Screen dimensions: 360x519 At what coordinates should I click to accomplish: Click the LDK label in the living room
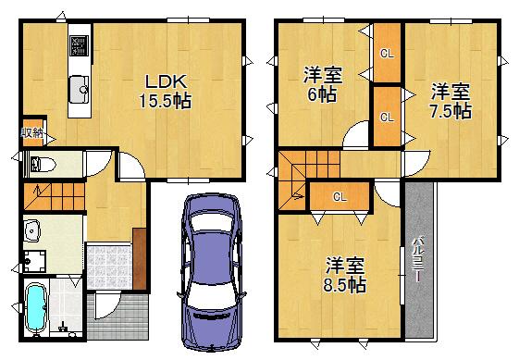click(x=165, y=81)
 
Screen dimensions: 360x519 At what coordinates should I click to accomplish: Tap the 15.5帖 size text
click(x=165, y=101)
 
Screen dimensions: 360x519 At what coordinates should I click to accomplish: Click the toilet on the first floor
click(x=42, y=166)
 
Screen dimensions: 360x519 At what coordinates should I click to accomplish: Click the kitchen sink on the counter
click(x=78, y=89)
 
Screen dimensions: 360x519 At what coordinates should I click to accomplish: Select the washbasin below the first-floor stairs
click(x=33, y=229)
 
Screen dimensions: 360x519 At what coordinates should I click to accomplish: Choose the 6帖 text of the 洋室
click(x=323, y=94)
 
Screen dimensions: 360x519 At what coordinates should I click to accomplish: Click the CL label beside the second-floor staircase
click(x=340, y=196)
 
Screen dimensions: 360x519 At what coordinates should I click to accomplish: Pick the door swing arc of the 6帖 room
click(x=352, y=138)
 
